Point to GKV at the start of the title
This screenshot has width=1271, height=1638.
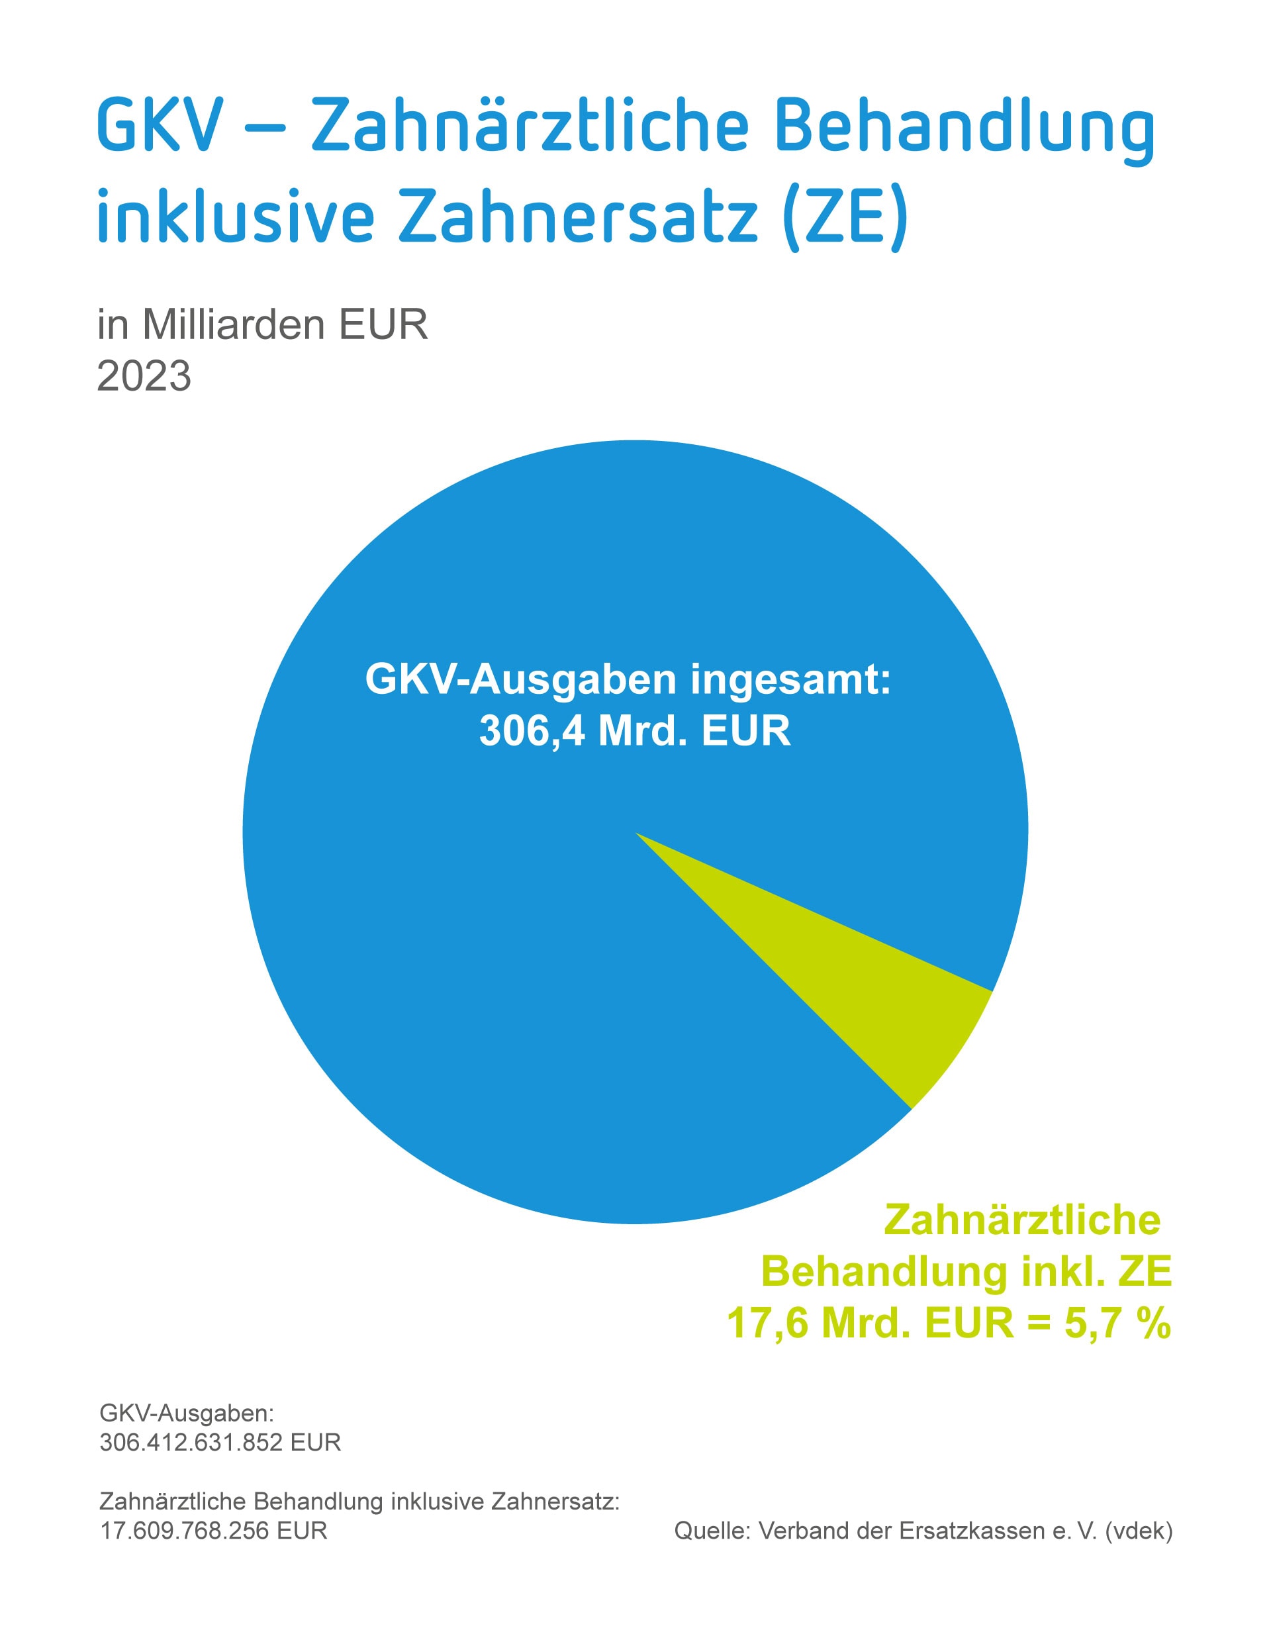point(160,128)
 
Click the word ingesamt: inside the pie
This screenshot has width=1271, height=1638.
point(790,679)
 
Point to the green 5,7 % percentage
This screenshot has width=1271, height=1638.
point(1117,1322)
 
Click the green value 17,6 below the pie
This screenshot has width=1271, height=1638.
point(767,1322)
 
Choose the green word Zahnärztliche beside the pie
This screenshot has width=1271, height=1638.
point(1022,1220)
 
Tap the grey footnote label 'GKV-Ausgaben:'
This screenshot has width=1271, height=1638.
point(187,1414)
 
